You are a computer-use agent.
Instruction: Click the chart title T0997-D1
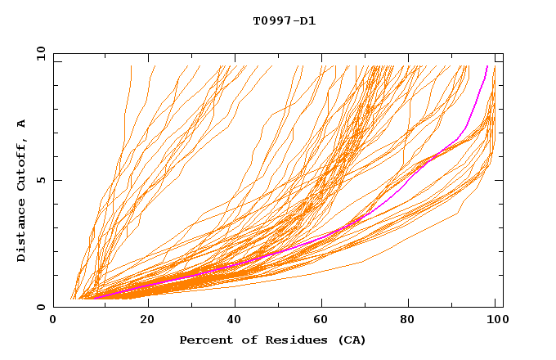(284, 20)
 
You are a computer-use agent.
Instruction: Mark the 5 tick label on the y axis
(40, 180)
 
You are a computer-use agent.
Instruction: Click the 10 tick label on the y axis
(38, 53)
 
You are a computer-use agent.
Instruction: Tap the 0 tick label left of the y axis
(40, 307)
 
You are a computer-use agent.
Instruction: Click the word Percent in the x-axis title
(204, 340)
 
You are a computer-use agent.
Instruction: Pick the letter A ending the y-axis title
(21, 124)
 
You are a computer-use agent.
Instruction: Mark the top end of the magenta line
(487, 66)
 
